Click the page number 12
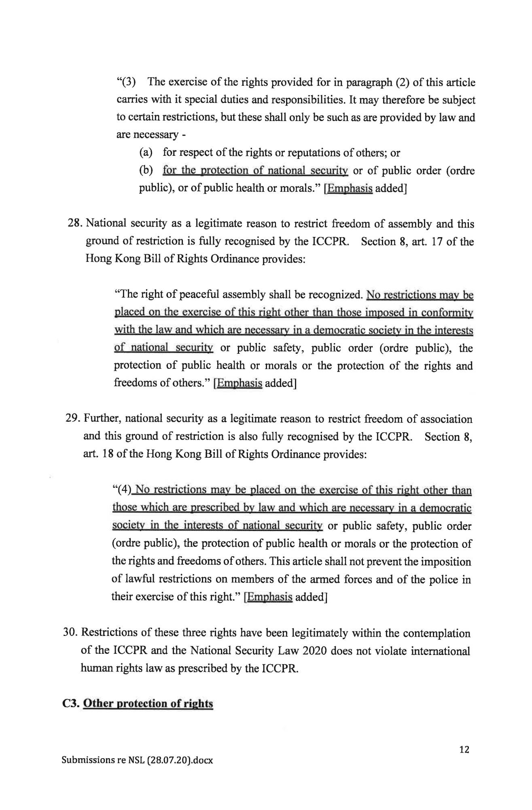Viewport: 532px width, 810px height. (464, 749)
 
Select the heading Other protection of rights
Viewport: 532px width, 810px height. (148, 703)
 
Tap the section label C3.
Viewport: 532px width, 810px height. (70, 703)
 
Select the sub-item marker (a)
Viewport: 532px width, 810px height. (146, 153)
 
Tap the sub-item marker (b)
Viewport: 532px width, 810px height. (146, 170)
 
